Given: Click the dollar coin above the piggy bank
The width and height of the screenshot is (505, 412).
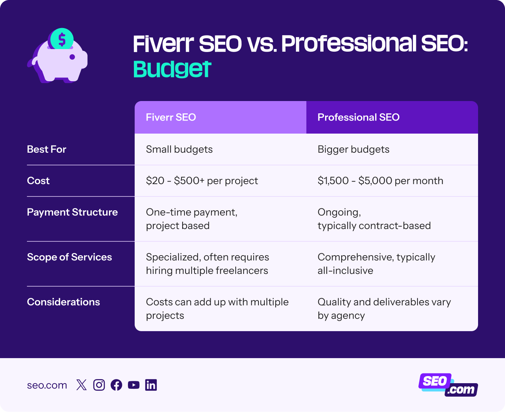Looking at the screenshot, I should (x=62, y=39).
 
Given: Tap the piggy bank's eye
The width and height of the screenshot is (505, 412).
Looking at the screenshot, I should (x=72, y=57).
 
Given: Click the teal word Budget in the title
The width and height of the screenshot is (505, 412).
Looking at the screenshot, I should (x=172, y=69).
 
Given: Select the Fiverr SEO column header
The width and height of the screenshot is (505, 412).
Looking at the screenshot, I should (x=171, y=117).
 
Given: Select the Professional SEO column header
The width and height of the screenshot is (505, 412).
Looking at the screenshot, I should (x=358, y=117).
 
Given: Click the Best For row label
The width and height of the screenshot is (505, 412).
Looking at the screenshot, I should (x=46, y=149).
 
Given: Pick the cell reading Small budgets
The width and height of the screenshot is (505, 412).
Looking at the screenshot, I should (x=179, y=149).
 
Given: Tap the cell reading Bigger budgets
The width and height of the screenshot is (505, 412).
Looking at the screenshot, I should (x=353, y=149).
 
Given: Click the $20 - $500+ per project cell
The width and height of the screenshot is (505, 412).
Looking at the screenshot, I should (x=202, y=181).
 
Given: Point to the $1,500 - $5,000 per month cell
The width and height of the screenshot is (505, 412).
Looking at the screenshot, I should (x=380, y=181).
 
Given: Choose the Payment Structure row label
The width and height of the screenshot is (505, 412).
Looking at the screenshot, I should (x=72, y=212).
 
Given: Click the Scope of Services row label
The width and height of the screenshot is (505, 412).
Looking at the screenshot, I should (x=69, y=257).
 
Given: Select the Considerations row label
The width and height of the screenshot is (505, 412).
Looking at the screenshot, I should (x=63, y=302).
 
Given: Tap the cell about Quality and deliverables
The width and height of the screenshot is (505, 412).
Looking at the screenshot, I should (x=384, y=308).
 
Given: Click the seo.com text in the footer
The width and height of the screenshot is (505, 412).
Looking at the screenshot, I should (x=47, y=385).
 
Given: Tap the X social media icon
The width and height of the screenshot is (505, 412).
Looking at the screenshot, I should (x=81, y=385).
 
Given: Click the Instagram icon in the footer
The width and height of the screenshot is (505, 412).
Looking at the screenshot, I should (x=99, y=385).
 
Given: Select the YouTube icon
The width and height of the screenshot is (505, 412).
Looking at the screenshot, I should (x=134, y=385).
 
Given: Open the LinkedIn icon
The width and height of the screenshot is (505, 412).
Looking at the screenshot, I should (x=151, y=385).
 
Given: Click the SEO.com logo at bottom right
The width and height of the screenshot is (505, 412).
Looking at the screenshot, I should (x=448, y=385).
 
